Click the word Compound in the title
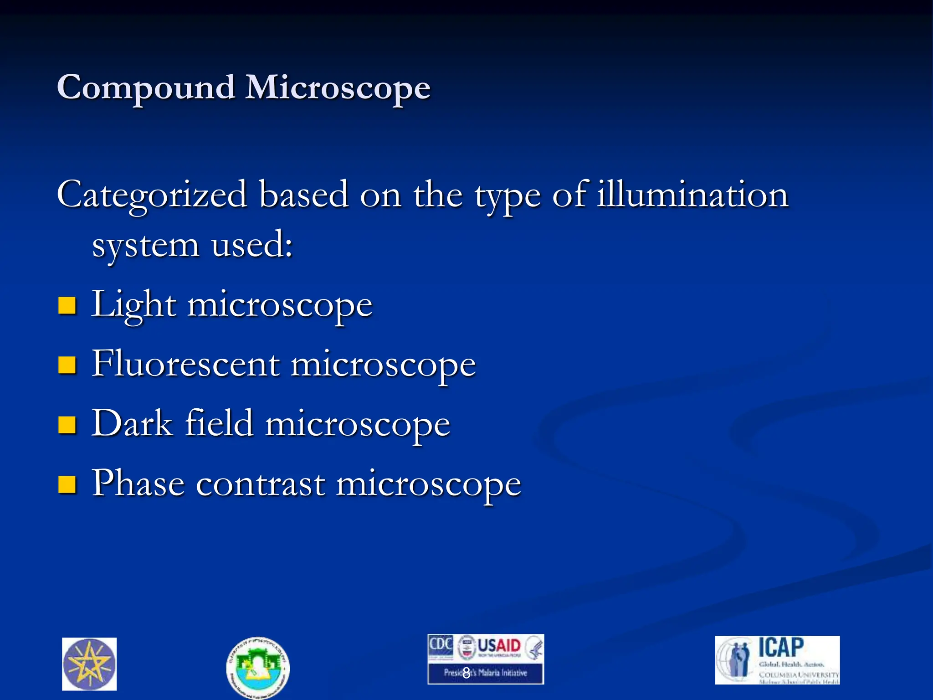pos(146,88)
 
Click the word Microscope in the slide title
pos(338,88)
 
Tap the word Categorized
pos(152,195)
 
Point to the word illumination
pos(692,194)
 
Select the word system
pos(146,245)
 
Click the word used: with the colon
pos(252,244)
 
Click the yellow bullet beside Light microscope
pos(67,306)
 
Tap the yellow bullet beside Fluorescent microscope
pos(67,365)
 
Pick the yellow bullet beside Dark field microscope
pos(67,425)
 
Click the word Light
pos(133,304)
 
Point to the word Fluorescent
pos(186,364)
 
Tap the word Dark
pos(132,423)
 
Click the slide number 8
pos(466,672)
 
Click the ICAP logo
pos(777,659)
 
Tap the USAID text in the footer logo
pos(499,646)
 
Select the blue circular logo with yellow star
pos(89,664)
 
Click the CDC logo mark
pos(441,645)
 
